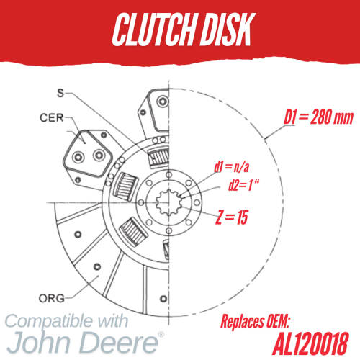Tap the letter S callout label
coord(60,93)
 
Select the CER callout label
coord(52,118)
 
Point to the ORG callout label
coord(52,298)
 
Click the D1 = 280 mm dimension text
coord(319,117)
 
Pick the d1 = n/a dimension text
coord(232,167)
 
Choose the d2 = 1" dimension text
coord(243,185)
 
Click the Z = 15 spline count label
coord(232,217)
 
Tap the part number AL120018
coord(310,343)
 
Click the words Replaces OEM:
coord(255,321)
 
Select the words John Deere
coord(82,342)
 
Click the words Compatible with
coord(66,321)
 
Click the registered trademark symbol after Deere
coord(161,334)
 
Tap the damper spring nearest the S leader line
coord(158,157)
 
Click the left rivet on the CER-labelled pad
coord(78,158)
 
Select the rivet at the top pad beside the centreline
coord(163,101)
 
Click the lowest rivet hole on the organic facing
coord(163,299)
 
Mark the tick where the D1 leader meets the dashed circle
coord(266,138)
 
